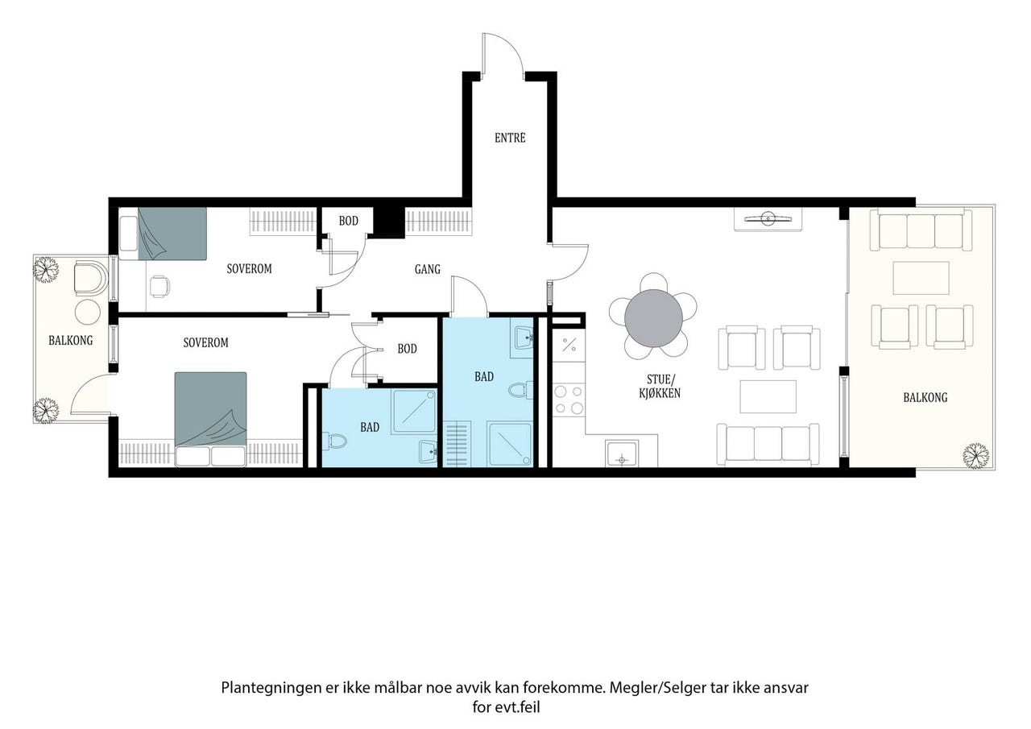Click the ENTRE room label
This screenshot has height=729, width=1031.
(510, 138)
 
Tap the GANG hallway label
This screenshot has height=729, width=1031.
(428, 269)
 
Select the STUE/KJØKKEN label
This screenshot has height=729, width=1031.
(660, 386)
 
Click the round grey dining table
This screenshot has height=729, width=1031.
(653, 318)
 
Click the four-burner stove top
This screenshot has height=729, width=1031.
(569, 400)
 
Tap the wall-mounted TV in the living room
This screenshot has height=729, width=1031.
(768, 218)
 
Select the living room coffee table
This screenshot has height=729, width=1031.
(768, 396)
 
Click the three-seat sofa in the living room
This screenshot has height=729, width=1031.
(768, 444)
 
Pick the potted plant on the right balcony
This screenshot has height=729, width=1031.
(975, 456)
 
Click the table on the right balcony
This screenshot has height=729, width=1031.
(921, 278)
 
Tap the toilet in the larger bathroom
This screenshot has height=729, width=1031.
(520, 390)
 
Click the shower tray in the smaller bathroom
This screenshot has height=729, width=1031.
(414, 411)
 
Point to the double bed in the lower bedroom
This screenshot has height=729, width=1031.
(210, 419)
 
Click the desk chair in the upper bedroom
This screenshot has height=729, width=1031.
(159, 286)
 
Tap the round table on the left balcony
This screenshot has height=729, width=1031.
(88, 312)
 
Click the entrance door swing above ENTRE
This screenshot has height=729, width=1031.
(503, 52)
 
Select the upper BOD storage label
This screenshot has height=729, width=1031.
(349, 221)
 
